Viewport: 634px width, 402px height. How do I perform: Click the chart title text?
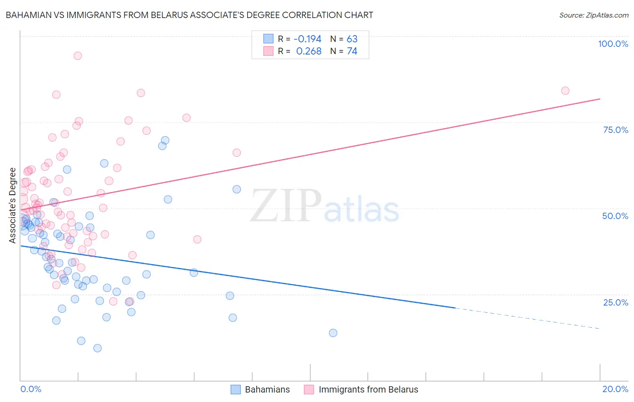pyautogui.click(x=189, y=15)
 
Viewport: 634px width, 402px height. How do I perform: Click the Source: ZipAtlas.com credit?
pyautogui.click(x=593, y=15)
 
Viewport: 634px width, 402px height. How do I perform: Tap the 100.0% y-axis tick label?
pyautogui.click(x=613, y=44)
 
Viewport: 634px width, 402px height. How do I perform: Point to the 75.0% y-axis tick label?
pyautogui.click(x=616, y=130)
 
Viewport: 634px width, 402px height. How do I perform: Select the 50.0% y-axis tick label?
pyautogui.click(x=615, y=216)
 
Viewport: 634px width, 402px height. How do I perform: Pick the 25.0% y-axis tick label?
pyautogui.click(x=616, y=302)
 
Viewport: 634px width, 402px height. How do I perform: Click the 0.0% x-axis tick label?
pyautogui.click(x=31, y=389)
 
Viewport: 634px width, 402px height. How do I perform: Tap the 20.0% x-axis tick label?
pyautogui.click(x=615, y=389)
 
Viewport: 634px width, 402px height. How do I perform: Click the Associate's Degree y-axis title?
pyautogui.click(x=13, y=206)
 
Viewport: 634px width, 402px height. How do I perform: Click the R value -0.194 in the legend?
pyautogui.click(x=308, y=39)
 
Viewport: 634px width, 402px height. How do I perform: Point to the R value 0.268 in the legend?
pyautogui.click(x=309, y=51)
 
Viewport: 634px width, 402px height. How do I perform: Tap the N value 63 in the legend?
pyautogui.click(x=352, y=39)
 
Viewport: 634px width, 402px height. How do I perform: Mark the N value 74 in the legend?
pyautogui.click(x=352, y=51)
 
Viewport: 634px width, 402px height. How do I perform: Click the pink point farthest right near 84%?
pyautogui.click(x=565, y=91)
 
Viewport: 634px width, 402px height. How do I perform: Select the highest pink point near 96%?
pyautogui.click(x=78, y=56)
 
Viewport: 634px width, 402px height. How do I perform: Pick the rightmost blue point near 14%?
pyautogui.click(x=333, y=333)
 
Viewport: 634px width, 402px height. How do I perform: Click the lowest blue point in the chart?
pyautogui.click(x=97, y=348)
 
